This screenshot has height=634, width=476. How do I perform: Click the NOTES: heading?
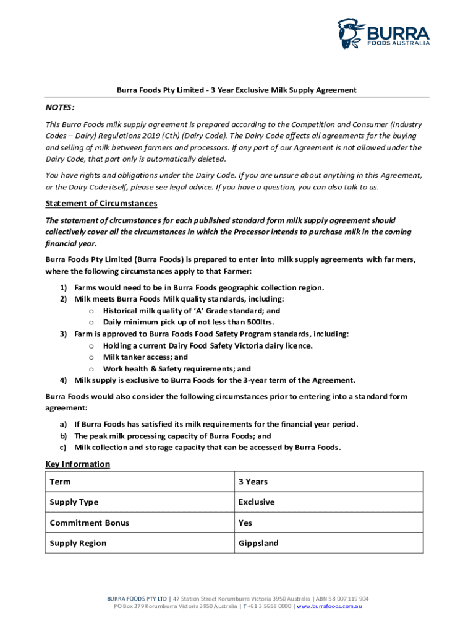point(60,107)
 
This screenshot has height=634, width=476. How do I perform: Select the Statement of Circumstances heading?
point(101,204)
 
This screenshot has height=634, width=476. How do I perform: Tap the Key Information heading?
point(78,464)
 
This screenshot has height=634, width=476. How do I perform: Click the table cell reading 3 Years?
point(253,482)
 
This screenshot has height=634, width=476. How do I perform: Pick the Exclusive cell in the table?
point(257,502)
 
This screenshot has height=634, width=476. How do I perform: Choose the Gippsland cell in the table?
point(258,543)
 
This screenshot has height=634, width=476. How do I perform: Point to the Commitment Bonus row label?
point(90,523)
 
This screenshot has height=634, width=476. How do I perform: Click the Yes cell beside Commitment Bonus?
point(245,523)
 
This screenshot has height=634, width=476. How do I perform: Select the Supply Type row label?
point(74,502)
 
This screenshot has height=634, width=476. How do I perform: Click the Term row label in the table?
point(60,482)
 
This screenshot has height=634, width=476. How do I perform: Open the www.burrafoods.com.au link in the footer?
point(329,606)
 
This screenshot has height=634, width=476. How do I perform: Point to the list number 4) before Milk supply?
point(63,380)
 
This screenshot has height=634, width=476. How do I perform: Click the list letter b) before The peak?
point(63,436)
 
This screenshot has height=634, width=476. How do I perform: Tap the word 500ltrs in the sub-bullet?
point(259,322)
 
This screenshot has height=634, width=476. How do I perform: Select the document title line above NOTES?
point(237,90)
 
